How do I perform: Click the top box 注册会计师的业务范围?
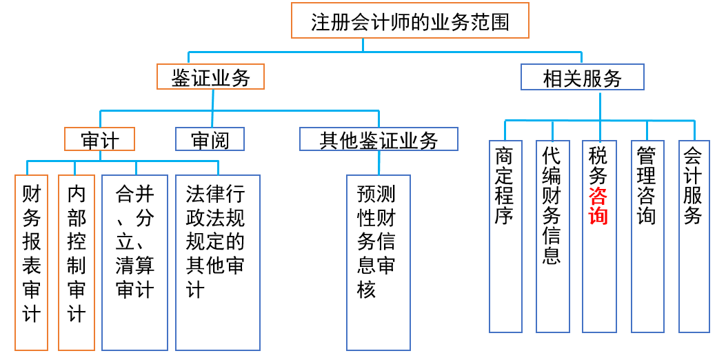point(410,21)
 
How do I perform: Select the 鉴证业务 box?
point(211,77)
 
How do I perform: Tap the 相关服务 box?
point(582,78)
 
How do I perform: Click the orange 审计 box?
point(99,139)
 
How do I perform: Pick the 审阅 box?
point(210,139)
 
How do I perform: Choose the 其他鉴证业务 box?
point(379,139)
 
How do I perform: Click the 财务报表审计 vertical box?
point(32,262)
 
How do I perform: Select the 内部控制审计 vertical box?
point(77,262)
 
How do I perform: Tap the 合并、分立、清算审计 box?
point(135,262)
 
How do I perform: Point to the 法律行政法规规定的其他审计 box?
point(218,262)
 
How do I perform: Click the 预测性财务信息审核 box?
point(379,262)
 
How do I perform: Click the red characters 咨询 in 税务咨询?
point(598,205)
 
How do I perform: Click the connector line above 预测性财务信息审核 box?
point(379,163)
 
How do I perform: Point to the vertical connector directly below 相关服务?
point(600,105)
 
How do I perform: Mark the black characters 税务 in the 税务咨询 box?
point(598,165)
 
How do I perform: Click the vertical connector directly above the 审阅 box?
point(212,118)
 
